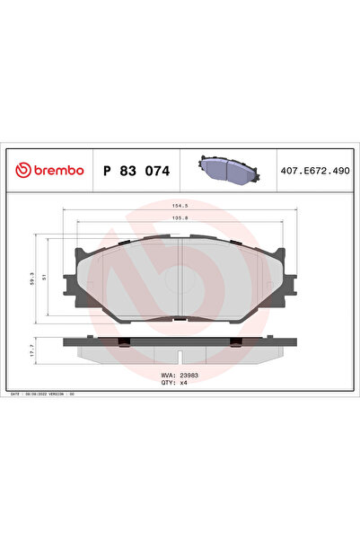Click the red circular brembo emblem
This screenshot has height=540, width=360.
20,170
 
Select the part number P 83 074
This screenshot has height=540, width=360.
136,170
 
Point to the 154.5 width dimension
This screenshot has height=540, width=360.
180,206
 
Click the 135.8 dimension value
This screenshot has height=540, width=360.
180,218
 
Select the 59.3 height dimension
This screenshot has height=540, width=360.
33,279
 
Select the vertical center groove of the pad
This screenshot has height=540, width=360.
180,274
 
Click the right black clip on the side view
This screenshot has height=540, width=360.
235,340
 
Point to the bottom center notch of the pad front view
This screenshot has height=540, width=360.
180,317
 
